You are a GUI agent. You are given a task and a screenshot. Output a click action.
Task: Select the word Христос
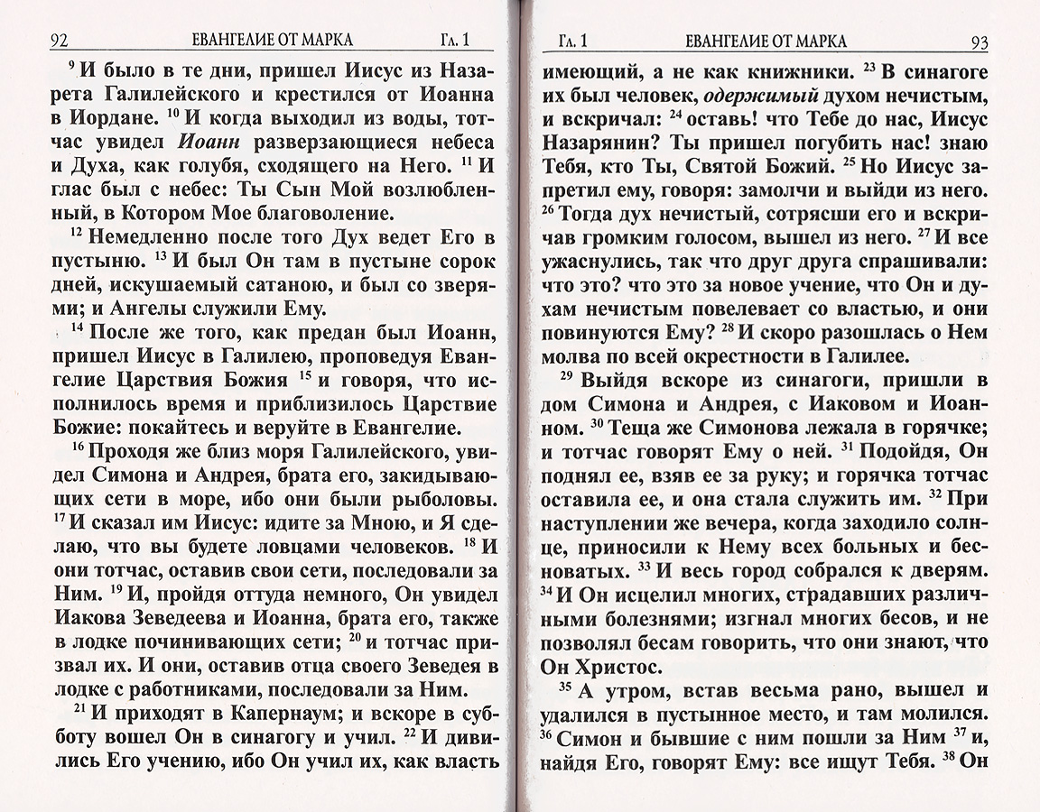(x=612, y=668)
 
